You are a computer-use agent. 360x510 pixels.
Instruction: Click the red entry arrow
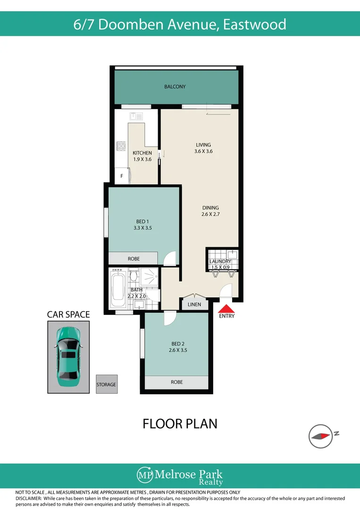tap(226, 308)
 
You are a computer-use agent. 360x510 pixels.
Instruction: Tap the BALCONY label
tap(175, 87)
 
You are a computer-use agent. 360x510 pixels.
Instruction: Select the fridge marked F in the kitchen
tap(122, 176)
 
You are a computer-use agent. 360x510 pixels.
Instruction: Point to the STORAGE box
tap(106, 384)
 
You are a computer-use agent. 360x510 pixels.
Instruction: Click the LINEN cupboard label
tap(194, 305)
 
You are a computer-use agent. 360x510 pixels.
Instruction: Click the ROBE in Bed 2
tap(176, 382)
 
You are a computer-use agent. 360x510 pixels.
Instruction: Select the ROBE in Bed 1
tap(134, 259)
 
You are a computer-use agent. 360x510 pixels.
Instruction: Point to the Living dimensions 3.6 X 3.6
tap(203, 152)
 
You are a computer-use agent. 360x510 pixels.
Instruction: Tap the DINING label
tap(210, 208)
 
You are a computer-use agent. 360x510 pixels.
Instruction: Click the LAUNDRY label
tap(220, 262)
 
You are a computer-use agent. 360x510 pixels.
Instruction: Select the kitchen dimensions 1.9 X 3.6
tap(142, 160)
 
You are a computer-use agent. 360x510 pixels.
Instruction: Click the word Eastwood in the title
tap(254, 24)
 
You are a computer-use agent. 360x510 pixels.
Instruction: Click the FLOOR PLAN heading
tap(180, 424)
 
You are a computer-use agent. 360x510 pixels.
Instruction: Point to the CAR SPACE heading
tap(68, 314)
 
